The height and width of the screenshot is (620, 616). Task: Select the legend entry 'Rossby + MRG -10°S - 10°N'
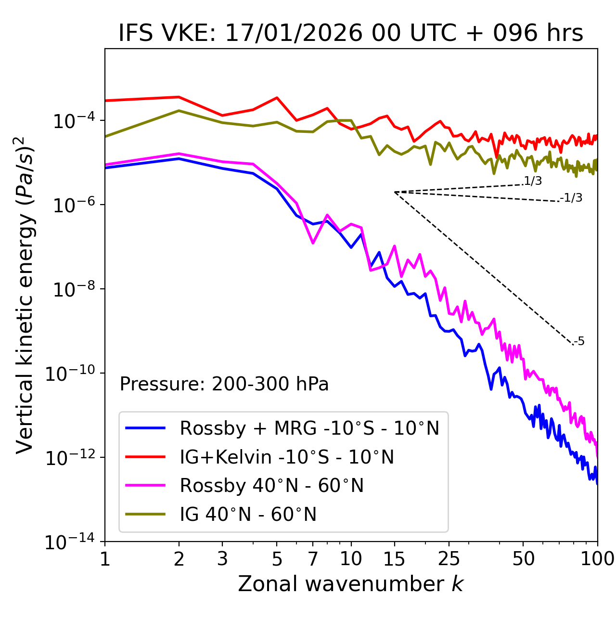coord(309,428)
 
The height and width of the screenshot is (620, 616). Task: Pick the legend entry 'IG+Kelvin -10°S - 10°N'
coord(287,457)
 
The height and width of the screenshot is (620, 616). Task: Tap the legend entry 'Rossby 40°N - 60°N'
coord(271,486)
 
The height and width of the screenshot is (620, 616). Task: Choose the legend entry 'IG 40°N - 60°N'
coord(248,515)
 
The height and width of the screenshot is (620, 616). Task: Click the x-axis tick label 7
coord(313,559)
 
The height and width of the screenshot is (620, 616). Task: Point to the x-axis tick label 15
coord(394,559)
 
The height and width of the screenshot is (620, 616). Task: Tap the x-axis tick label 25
coord(449,559)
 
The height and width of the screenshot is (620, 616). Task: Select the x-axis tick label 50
coord(523,559)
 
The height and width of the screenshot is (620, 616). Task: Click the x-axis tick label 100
coord(597,559)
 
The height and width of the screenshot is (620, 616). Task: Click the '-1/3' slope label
coord(571,198)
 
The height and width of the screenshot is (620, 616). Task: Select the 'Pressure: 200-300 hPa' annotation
coord(224,384)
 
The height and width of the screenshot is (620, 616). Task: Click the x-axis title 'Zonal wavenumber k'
coord(351,584)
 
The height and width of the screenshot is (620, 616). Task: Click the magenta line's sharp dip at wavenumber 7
coord(313,243)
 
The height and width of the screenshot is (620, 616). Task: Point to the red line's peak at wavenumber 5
coord(277,97)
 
